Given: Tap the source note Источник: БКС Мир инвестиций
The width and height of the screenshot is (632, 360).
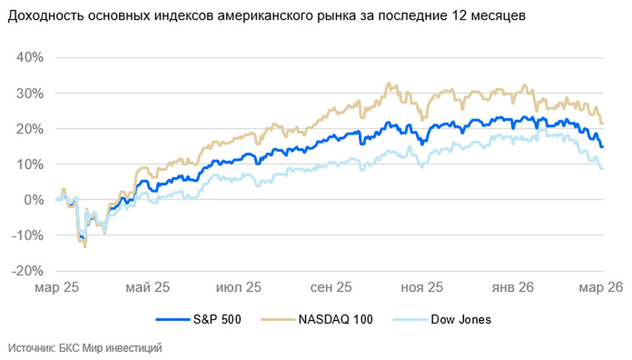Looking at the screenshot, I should (85, 348).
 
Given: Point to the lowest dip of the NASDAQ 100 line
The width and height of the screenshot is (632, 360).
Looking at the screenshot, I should (85, 246).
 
